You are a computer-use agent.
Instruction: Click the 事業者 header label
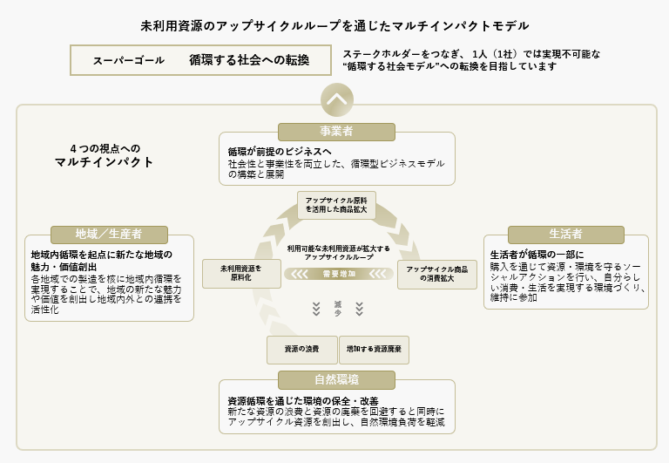tap(336, 132)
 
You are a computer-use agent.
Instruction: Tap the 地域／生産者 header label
tap(109, 235)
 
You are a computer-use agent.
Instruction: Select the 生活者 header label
tap(565, 235)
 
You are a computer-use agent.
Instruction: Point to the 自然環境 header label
tap(336, 379)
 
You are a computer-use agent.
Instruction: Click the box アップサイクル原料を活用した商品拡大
tap(336, 205)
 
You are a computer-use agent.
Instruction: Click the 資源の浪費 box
tap(301, 349)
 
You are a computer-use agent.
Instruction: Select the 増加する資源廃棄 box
tap(374, 349)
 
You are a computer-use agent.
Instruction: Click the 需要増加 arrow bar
tap(336, 274)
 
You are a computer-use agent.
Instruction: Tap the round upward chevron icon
tap(336, 99)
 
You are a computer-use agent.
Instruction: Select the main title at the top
tap(334, 26)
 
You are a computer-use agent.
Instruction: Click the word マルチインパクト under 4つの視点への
tap(104, 162)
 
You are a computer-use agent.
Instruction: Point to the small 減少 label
tap(337, 307)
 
